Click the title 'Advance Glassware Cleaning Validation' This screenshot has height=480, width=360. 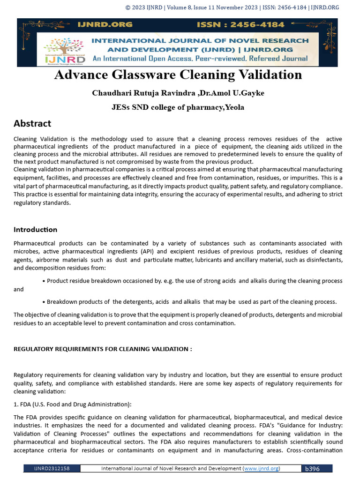pos(178,75)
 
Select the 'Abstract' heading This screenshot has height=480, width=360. pos(32,123)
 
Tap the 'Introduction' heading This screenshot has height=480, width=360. pos(35,229)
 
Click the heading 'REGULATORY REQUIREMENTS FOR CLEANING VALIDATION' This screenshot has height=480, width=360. pos(103,349)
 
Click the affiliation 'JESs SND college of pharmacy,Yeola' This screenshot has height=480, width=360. pos(178,107)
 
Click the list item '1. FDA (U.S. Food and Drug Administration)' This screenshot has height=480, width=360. pos(73,404)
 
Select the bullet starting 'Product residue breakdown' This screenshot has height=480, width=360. pos(192,280)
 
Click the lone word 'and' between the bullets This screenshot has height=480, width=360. pos(19,289)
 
